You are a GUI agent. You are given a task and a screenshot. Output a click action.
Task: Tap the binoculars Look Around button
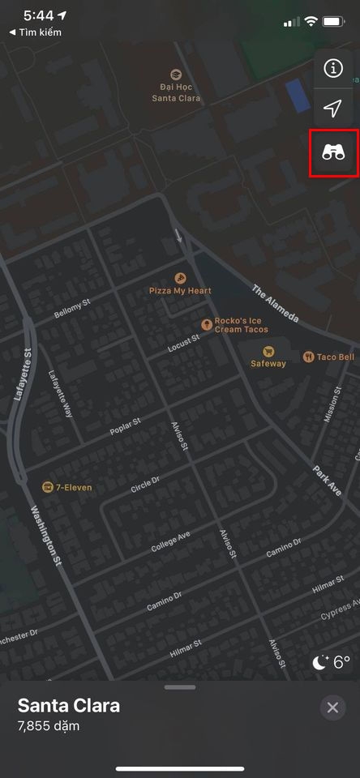pos(333,152)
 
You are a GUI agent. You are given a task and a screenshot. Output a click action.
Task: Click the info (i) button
pos(333,69)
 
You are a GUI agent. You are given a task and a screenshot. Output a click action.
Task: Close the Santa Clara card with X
pos(332,707)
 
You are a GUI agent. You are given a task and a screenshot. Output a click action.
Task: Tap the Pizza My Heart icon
pos(180,276)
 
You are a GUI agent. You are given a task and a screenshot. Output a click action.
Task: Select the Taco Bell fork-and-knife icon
pos(308,357)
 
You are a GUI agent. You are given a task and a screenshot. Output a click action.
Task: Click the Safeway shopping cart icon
pos(268,351)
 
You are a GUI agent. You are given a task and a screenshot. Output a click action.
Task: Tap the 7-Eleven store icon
pos(47,487)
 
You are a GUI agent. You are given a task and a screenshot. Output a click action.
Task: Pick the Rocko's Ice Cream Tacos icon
pos(208,325)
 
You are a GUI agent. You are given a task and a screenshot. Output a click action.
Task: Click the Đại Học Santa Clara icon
pos(176,74)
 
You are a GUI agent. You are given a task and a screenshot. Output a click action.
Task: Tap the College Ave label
pos(170,542)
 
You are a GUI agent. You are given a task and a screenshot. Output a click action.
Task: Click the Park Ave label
pos(327,481)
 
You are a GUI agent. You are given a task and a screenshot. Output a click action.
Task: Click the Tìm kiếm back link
pos(46,32)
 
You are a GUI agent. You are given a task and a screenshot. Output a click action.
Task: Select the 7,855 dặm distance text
pos(49,725)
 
